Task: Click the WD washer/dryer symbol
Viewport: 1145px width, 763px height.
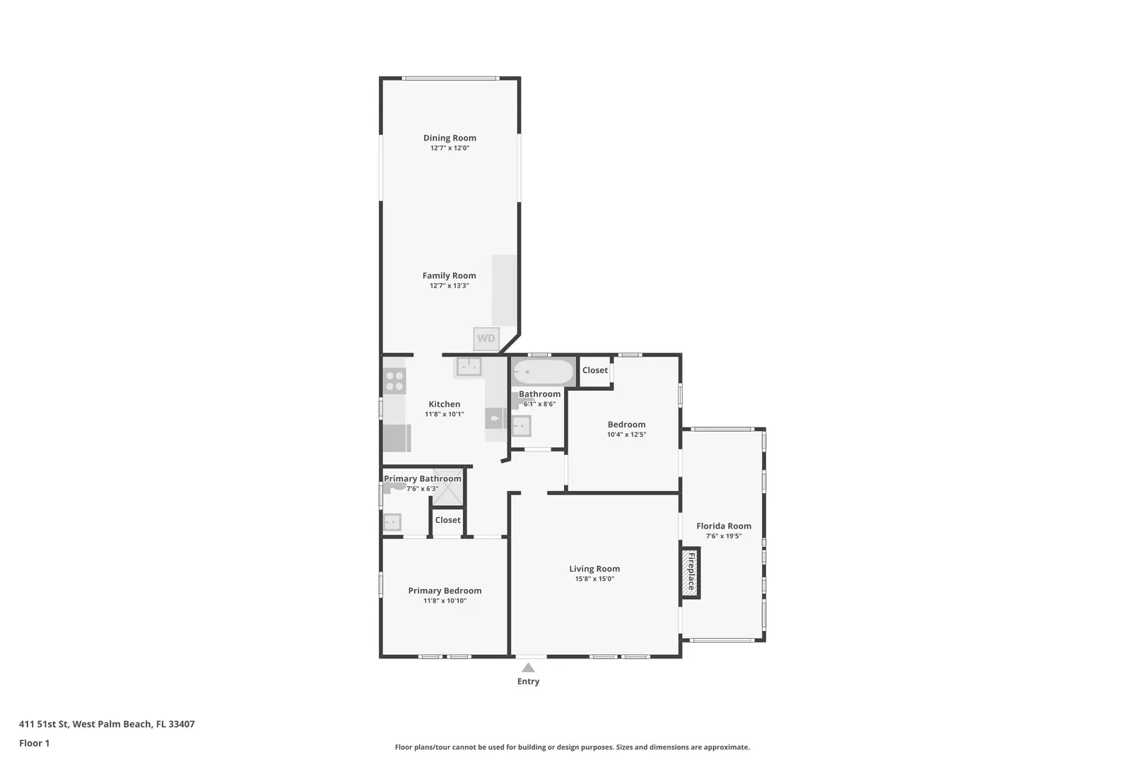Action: (x=486, y=339)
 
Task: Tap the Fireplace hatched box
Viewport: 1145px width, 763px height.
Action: (x=690, y=572)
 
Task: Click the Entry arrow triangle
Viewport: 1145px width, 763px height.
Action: (x=528, y=668)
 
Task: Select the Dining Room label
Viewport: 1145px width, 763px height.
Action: (x=450, y=138)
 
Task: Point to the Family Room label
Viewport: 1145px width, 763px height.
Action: (x=450, y=276)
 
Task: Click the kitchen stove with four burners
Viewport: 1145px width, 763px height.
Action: (x=394, y=381)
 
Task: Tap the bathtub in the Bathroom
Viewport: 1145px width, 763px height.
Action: (x=543, y=372)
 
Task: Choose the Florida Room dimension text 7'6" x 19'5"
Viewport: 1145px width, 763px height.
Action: (x=724, y=536)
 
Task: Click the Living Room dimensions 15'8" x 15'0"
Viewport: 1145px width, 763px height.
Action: (x=594, y=579)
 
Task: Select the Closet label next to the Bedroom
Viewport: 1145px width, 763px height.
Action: (x=595, y=370)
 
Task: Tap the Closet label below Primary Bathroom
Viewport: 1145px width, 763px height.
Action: (x=448, y=520)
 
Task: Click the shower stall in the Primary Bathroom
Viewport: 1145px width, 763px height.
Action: (x=447, y=487)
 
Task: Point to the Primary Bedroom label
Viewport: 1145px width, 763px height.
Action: (x=445, y=591)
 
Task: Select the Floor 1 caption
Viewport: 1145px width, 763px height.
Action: (x=34, y=744)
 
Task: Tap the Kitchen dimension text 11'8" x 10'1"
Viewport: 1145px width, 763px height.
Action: (x=444, y=415)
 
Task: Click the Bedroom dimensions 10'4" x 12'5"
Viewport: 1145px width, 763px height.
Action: (x=627, y=435)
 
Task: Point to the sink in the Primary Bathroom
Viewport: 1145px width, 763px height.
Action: (x=392, y=522)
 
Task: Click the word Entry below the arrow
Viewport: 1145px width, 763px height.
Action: (x=528, y=682)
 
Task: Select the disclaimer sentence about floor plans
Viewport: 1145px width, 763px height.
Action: (x=572, y=747)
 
